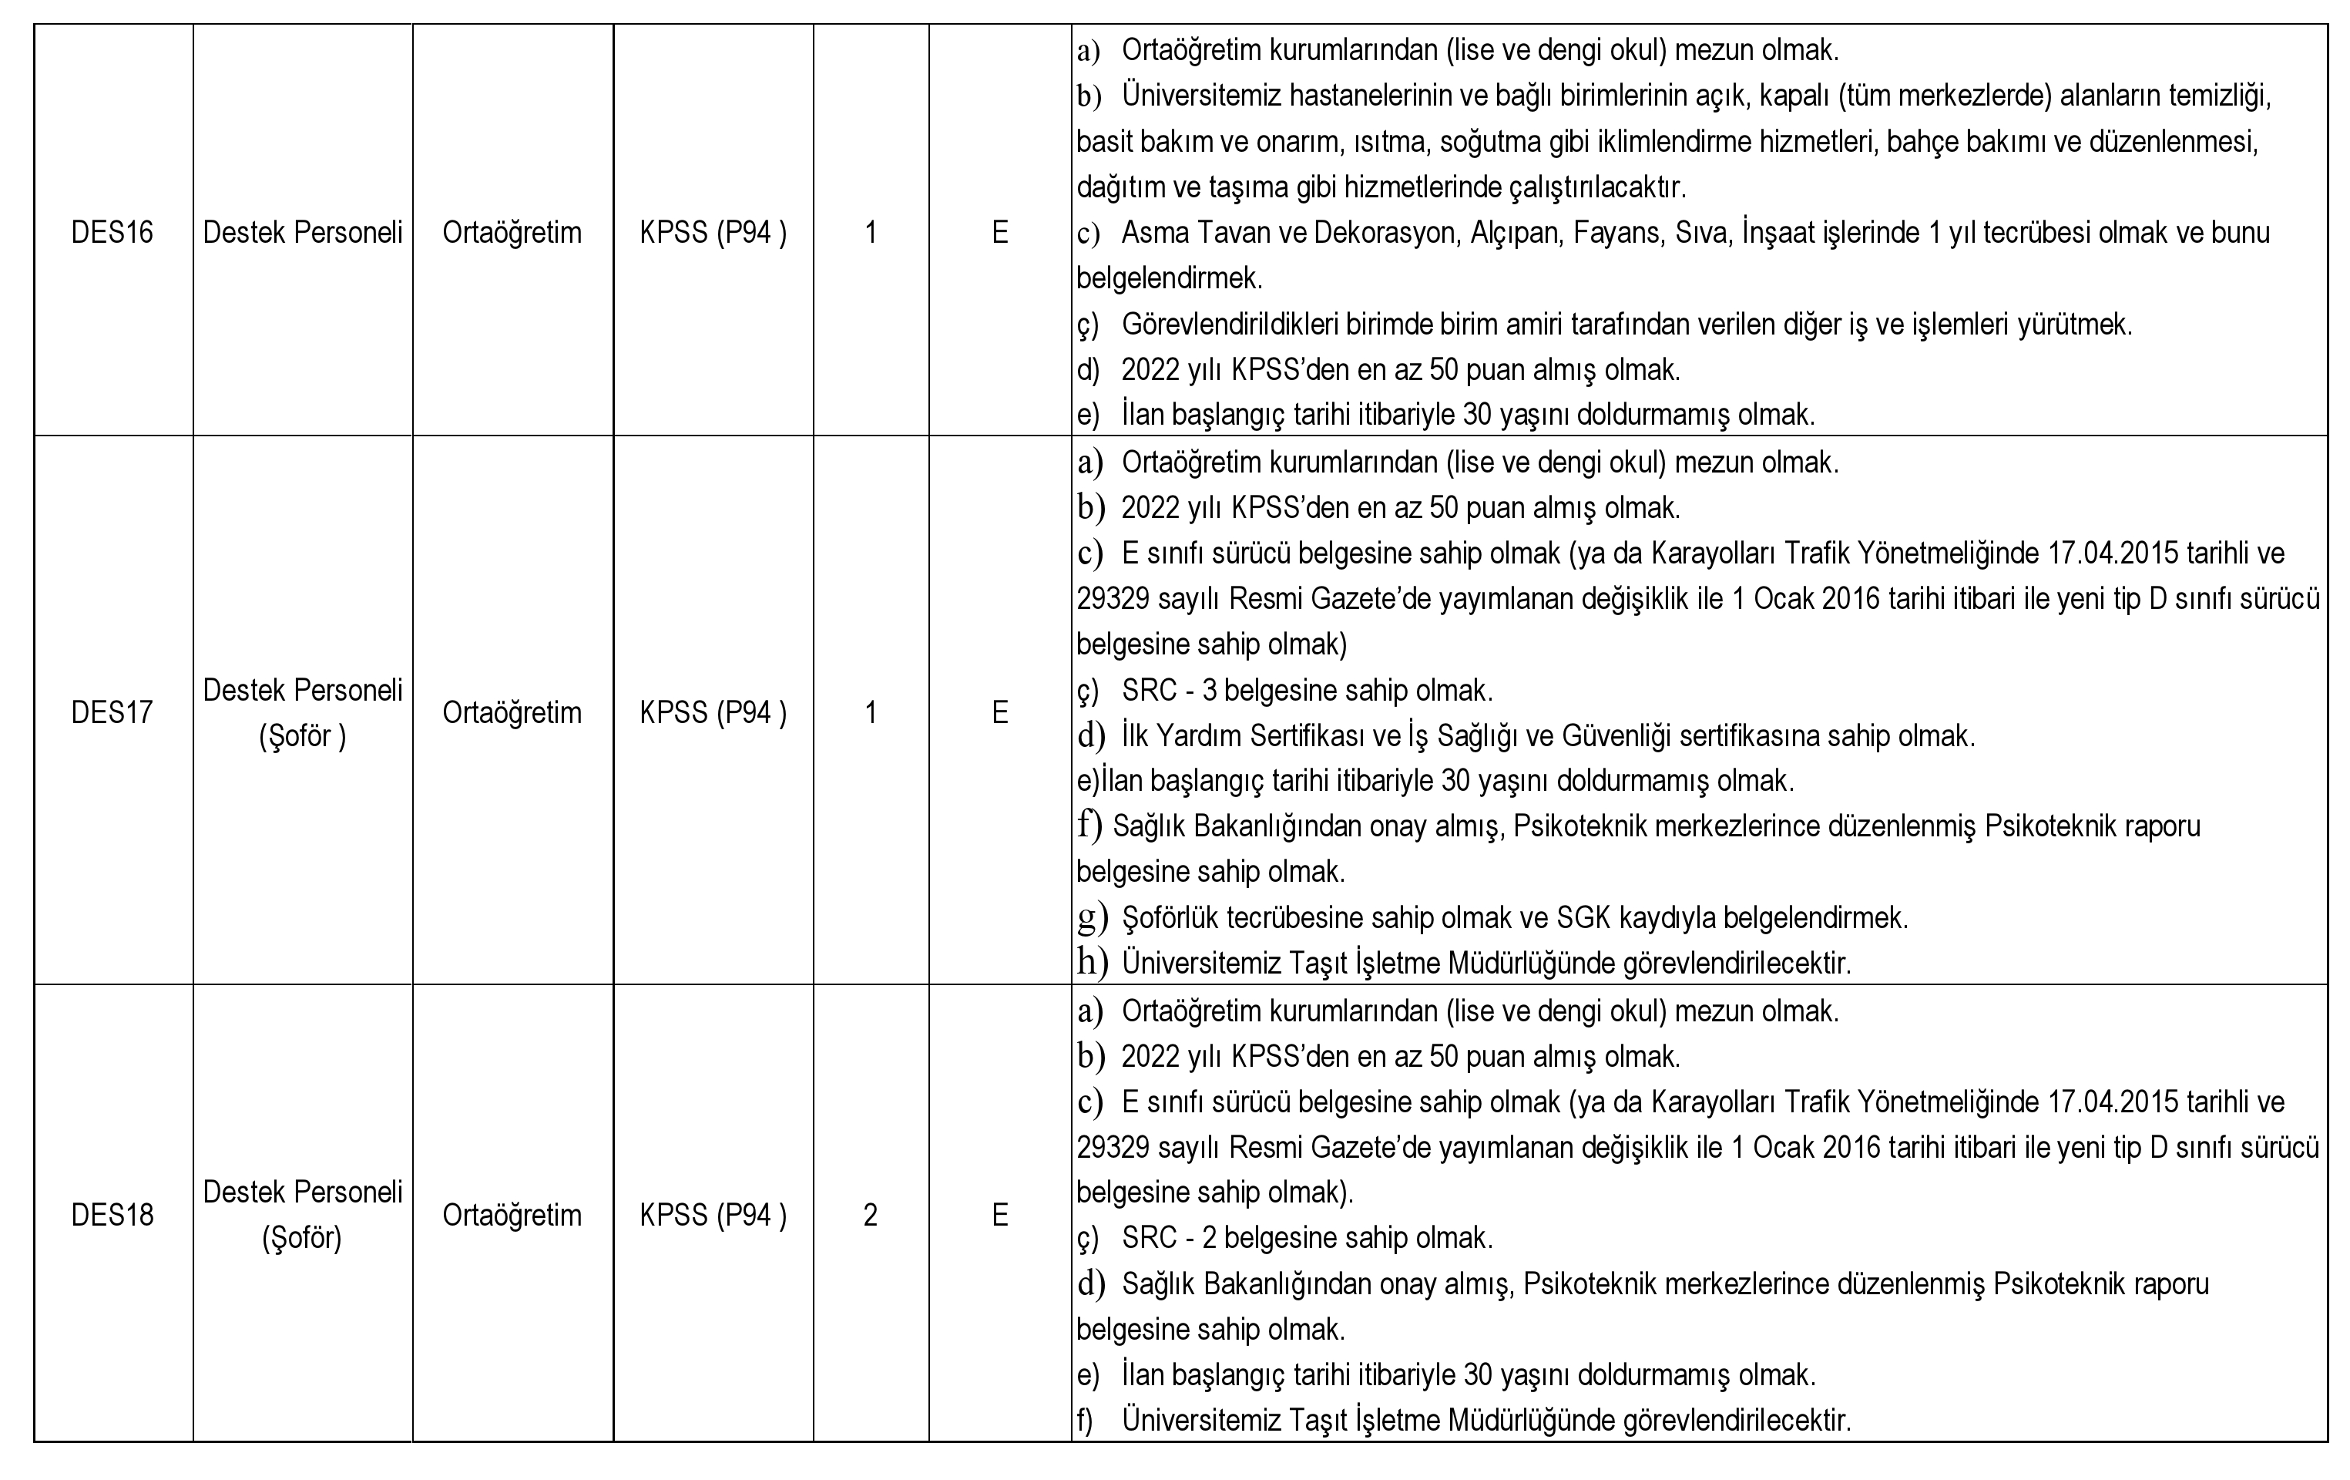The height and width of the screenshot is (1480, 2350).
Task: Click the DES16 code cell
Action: click(x=112, y=232)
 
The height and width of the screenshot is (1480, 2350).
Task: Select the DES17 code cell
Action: click(x=112, y=713)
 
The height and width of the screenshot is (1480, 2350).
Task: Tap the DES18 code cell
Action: click(x=112, y=1215)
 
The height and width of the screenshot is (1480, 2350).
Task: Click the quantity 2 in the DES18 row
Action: click(x=870, y=1215)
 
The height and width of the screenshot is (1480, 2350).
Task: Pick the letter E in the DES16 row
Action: click(x=999, y=232)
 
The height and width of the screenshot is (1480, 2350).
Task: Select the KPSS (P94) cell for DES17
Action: click(x=713, y=713)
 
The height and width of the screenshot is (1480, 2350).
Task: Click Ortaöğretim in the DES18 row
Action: click(x=512, y=1215)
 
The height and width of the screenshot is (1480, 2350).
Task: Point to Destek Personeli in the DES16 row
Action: click(x=303, y=232)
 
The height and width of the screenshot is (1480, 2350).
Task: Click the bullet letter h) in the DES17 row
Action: click(x=1091, y=963)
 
